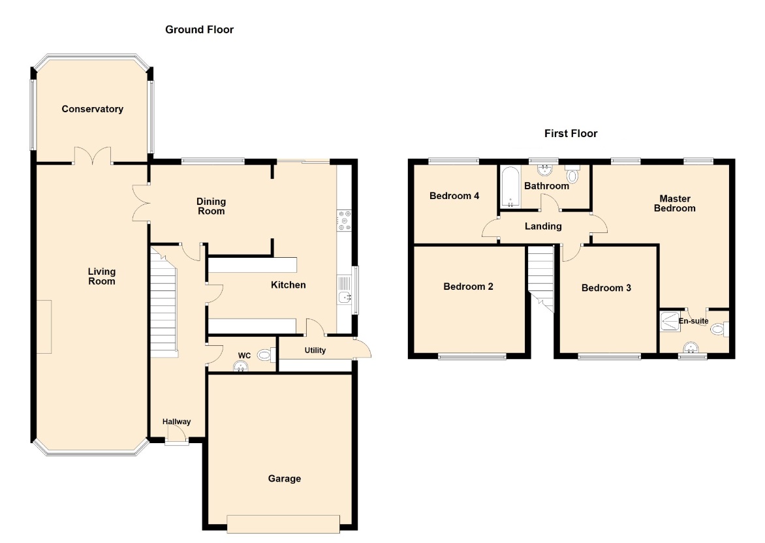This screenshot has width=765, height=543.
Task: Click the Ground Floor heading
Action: click(x=199, y=30)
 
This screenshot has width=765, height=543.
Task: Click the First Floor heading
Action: click(x=571, y=134)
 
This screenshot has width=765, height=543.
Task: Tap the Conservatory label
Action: click(x=92, y=109)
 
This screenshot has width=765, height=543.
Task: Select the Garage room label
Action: click(x=285, y=479)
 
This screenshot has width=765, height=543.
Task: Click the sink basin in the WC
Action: click(x=240, y=367)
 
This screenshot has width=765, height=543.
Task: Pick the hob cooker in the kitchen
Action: click(x=344, y=221)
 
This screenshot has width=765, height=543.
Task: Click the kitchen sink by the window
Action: click(x=345, y=291)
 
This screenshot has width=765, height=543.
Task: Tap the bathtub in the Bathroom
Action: click(x=510, y=187)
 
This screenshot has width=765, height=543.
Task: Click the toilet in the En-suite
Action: click(x=719, y=330)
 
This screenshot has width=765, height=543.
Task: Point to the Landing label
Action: click(x=543, y=226)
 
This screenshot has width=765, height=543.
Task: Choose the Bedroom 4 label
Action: click(x=454, y=196)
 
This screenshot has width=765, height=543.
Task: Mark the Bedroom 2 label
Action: click(x=469, y=287)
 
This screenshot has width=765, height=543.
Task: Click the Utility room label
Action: click(x=315, y=350)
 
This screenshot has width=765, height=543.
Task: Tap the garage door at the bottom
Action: click(x=283, y=524)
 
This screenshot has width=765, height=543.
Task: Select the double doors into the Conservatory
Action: click(x=93, y=156)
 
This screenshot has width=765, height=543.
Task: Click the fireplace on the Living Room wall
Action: click(x=44, y=327)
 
